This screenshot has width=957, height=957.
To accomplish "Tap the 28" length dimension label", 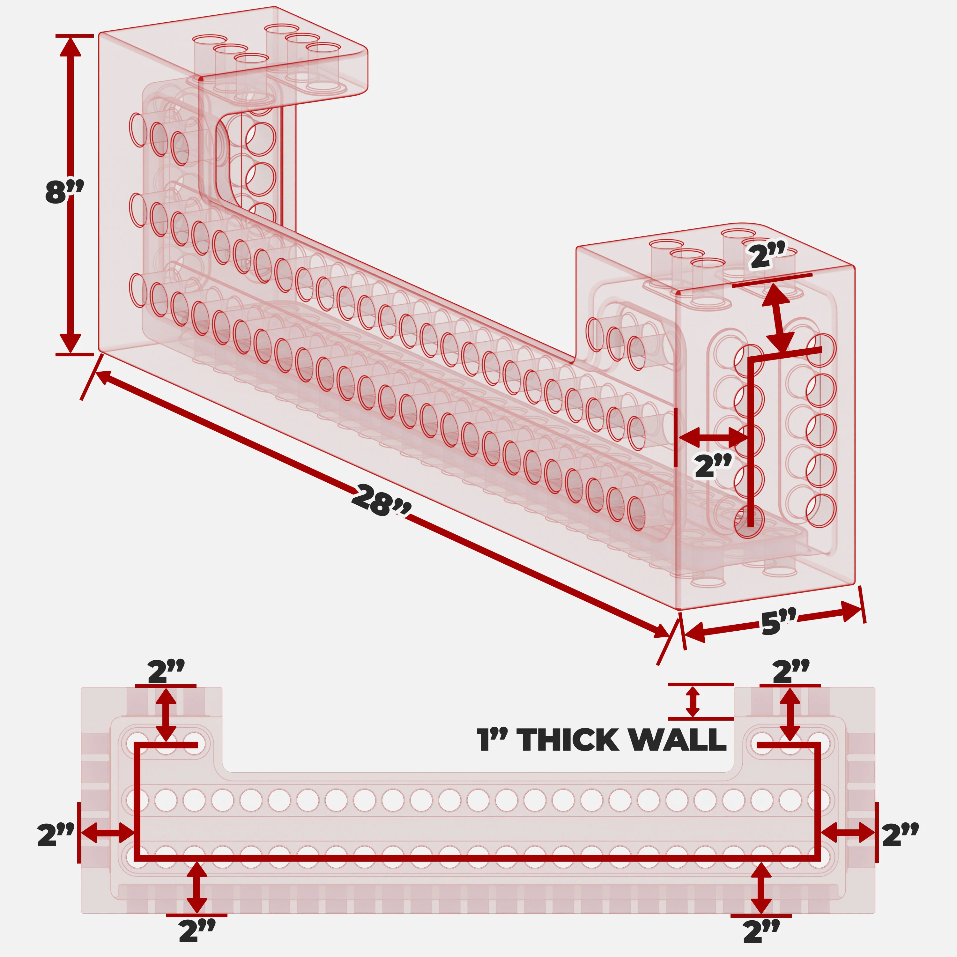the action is pyautogui.click(x=381, y=500).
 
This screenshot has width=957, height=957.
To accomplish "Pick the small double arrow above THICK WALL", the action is pyautogui.click(x=693, y=701).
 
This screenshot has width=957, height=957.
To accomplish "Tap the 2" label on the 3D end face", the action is pyautogui.click(x=713, y=466).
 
